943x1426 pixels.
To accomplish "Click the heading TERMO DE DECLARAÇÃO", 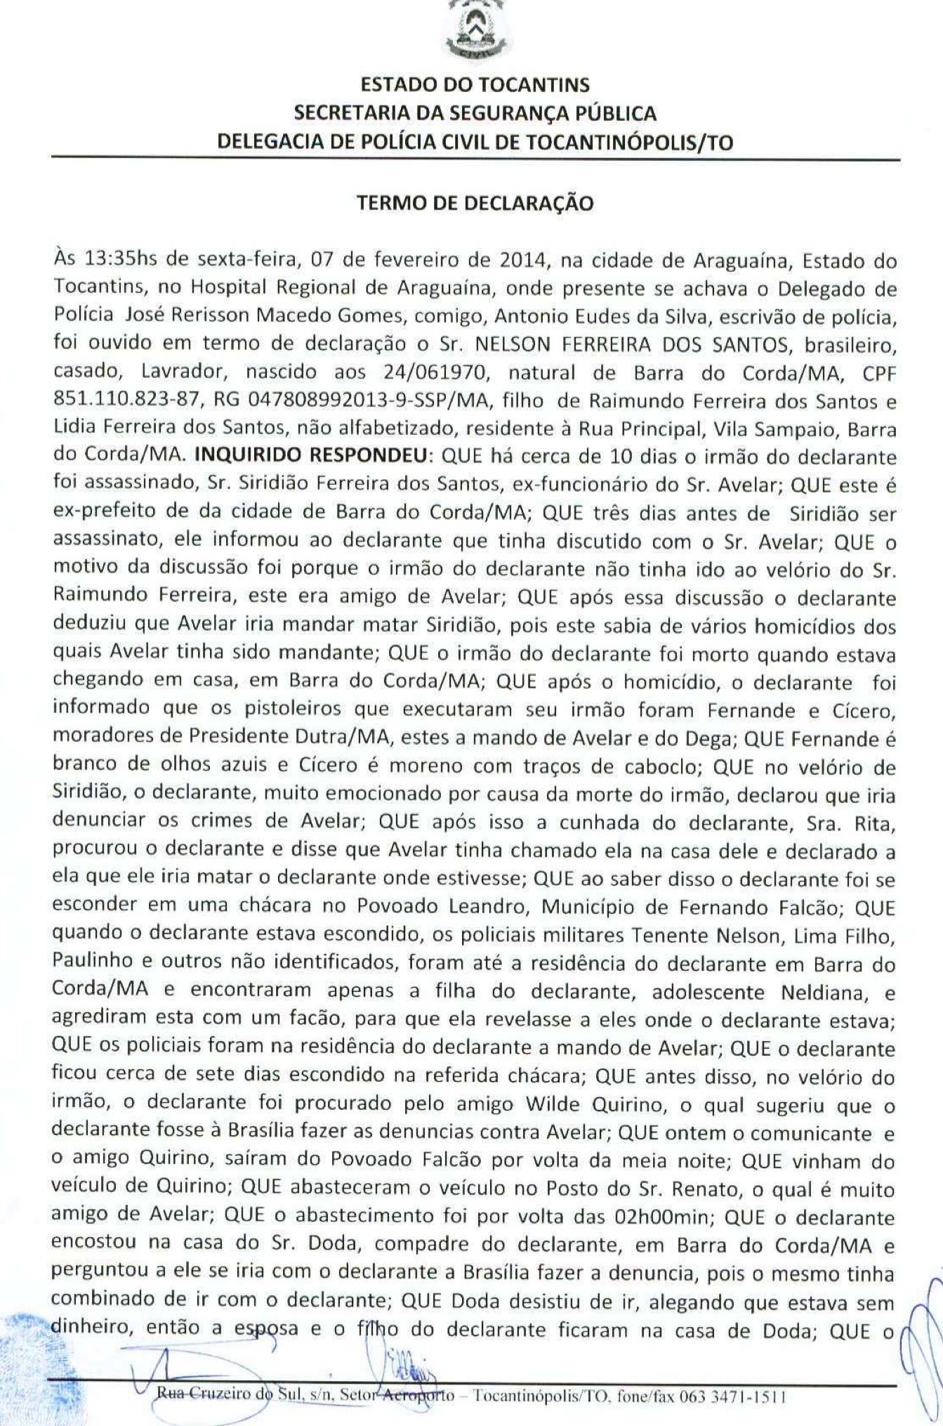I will [x=475, y=204].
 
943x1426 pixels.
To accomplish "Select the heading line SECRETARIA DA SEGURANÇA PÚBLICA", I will [x=475, y=113].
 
